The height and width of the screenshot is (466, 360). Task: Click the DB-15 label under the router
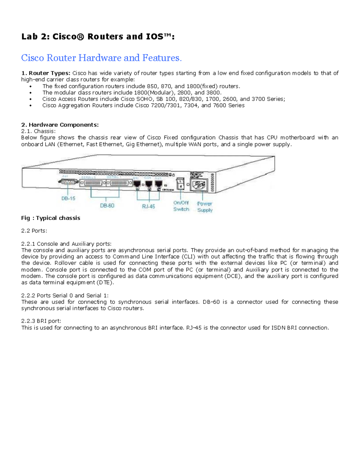tap(68, 198)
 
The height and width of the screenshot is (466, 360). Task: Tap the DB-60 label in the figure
tap(107, 206)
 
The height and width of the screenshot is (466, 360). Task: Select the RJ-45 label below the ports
tap(148, 206)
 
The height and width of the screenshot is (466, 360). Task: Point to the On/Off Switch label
tap(181, 206)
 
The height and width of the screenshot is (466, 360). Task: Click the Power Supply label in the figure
tap(205, 207)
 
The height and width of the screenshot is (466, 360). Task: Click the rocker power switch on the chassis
tap(180, 184)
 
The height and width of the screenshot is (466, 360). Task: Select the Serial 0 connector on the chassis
tap(93, 183)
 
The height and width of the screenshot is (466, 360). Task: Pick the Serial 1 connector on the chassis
tap(119, 183)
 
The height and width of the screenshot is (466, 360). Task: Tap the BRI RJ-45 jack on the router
tap(137, 184)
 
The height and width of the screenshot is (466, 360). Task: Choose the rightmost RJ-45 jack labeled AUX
tap(158, 184)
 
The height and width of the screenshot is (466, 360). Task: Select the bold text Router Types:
tap(49, 73)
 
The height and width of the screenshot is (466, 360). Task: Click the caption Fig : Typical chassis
tap(51, 218)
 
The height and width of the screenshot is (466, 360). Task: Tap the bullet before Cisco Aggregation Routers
tap(31, 106)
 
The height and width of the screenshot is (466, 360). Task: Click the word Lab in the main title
tap(29, 37)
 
